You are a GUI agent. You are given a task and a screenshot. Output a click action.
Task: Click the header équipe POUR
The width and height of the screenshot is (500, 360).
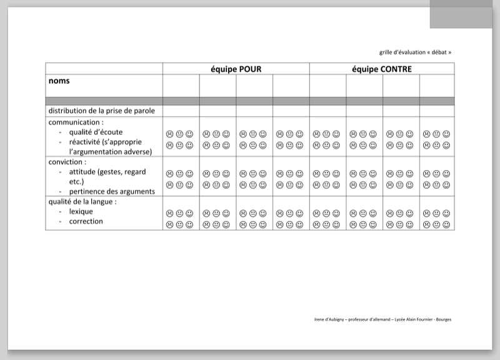coord(236,69)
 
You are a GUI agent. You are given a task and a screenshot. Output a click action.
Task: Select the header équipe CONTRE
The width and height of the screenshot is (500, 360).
coord(381,69)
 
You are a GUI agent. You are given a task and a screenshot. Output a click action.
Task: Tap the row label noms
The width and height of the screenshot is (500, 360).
coord(59,81)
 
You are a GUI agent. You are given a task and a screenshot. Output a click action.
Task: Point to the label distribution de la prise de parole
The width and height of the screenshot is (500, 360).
coord(101,111)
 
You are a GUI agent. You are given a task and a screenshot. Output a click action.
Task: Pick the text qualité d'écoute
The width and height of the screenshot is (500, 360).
coord(96,132)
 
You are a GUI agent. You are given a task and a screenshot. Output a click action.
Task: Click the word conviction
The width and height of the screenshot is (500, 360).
coord(66,162)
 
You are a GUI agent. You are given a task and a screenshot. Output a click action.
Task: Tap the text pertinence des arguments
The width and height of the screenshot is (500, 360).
coord(112,191)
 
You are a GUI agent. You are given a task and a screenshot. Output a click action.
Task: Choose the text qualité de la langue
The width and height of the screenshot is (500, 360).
coord(82,201)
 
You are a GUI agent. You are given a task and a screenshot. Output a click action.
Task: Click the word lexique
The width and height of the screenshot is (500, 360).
coord(81,211)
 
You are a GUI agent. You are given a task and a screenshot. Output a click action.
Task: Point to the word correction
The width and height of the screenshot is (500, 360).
coord(86,221)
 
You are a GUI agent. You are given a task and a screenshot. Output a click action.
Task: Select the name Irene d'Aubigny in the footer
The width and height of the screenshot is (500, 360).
coord(329,319)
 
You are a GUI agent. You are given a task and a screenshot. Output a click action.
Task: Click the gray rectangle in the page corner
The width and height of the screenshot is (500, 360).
coord(464,14)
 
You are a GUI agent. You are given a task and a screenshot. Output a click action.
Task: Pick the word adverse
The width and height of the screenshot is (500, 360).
coord(139,152)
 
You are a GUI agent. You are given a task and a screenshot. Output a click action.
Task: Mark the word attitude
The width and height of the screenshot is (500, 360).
coord(82,172)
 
